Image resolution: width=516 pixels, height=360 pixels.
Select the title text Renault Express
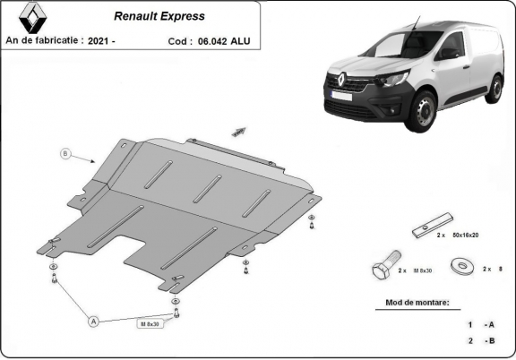(159, 16)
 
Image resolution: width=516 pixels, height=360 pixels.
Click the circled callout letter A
(92, 320)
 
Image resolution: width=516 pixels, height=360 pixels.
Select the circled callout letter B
(65, 153)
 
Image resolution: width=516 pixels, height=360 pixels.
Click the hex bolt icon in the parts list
(382, 268)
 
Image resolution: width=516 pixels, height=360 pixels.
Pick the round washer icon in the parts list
(463, 267)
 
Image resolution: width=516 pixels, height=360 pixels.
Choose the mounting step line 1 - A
(480, 324)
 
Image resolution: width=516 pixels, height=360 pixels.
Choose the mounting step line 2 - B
(480, 341)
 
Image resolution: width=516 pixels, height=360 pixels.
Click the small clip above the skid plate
(237, 131)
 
